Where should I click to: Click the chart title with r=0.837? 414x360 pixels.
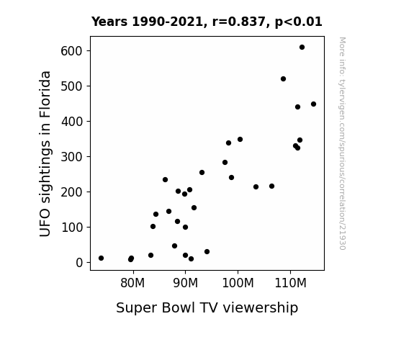(x=207, y=22)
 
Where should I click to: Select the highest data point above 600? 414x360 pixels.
(x=302, y=48)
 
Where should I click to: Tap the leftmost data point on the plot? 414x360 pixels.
(x=101, y=258)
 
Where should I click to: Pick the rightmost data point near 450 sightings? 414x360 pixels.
(x=313, y=104)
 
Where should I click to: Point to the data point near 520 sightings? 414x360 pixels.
(x=283, y=78)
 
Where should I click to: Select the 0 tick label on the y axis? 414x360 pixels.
(x=79, y=263)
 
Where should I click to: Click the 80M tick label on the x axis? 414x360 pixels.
(x=132, y=283)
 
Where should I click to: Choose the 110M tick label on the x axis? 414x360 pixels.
(x=290, y=283)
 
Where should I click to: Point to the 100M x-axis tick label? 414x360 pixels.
(x=238, y=283)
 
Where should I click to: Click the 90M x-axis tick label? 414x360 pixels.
(x=185, y=283)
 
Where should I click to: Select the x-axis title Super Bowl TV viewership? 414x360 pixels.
(x=207, y=307)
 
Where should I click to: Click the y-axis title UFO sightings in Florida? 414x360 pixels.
(x=45, y=153)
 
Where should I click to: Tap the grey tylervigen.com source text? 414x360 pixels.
(x=342, y=143)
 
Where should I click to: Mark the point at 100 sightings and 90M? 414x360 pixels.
(x=185, y=227)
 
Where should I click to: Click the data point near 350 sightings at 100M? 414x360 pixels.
(x=240, y=139)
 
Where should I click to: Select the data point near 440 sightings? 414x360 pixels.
(x=297, y=107)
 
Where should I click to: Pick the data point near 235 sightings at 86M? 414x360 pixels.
(x=166, y=179)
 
